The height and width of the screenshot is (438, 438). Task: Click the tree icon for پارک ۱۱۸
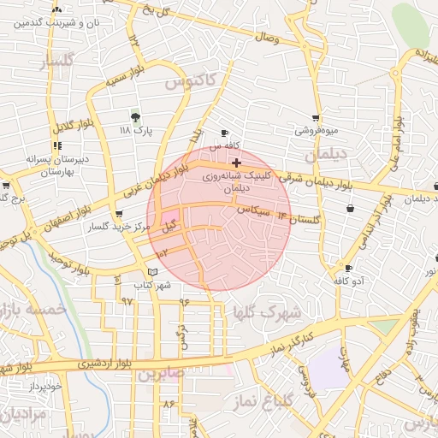[x=135, y=116]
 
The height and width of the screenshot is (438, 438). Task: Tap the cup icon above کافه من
[x=225, y=133]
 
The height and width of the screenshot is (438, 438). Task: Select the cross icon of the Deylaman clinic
[x=236, y=162]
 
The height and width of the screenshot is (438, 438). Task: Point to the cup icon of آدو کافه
[x=348, y=268]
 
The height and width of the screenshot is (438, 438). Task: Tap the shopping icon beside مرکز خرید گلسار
[x=118, y=215]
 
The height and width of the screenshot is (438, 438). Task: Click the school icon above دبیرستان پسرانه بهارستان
[x=57, y=145]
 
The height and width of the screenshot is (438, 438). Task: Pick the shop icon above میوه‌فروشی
[x=317, y=118]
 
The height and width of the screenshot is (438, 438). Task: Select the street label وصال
[x=266, y=38]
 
